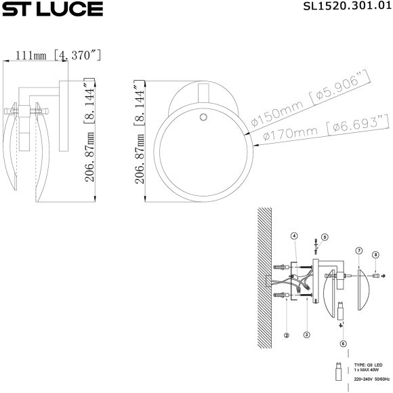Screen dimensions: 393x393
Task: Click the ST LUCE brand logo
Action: pyautogui.click(x=52, y=9)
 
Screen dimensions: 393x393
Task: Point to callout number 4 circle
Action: pyautogui.click(x=294, y=236)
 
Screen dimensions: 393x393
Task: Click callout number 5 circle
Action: pyautogui.click(x=325, y=237)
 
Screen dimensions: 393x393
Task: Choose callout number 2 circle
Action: pyautogui.click(x=287, y=334)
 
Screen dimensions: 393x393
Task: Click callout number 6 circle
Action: pyautogui.click(x=344, y=344)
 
